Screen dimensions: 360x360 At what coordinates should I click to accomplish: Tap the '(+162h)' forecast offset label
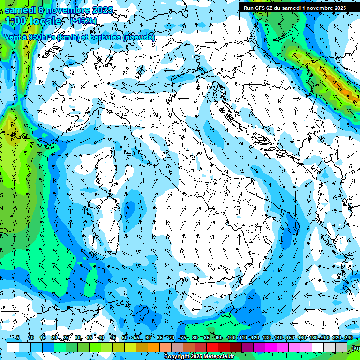click(x=83, y=21)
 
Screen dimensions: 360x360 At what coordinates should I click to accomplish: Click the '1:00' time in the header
click(x=17, y=21)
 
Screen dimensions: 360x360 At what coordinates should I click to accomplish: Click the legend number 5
click(x=18, y=337)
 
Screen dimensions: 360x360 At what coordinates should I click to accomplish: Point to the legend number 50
click(x=124, y=337)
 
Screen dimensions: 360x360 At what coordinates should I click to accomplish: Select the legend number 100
click(x=231, y=337)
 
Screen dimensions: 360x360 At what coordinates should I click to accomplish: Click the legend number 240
click(x=349, y=337)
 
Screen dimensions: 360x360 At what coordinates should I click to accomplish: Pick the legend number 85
click(x=207, y=337)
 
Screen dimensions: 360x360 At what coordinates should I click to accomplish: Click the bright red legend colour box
click(x=212, y=347)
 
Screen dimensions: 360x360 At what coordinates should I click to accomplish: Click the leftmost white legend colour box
click(x=13, y=347)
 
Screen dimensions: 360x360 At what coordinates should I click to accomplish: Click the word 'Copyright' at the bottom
click(x=178, y=357)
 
